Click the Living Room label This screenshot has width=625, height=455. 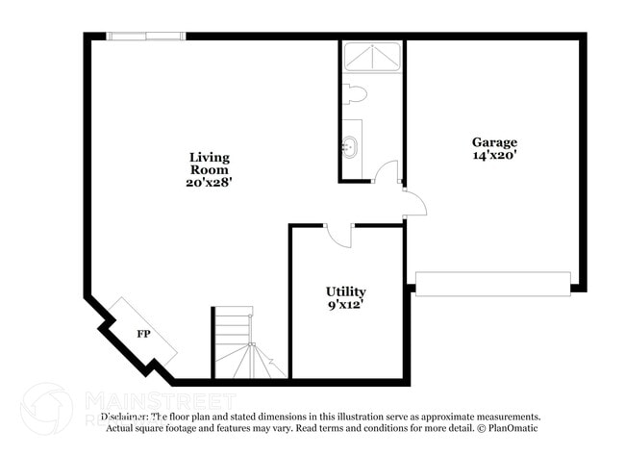pos(209,163)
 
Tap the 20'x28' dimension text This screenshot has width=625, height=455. pos(209,181)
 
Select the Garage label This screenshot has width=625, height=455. pos(494,141)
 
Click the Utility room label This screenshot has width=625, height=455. pos(345,291)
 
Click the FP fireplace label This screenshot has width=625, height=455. pos(143,334)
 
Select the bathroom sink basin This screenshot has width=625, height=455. pos(351,148)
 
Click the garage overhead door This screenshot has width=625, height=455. pos(492,284)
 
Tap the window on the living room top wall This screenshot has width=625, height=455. pos(145,37)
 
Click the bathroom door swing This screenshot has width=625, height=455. pos(386,173)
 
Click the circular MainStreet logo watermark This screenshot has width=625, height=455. pos(46,408)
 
